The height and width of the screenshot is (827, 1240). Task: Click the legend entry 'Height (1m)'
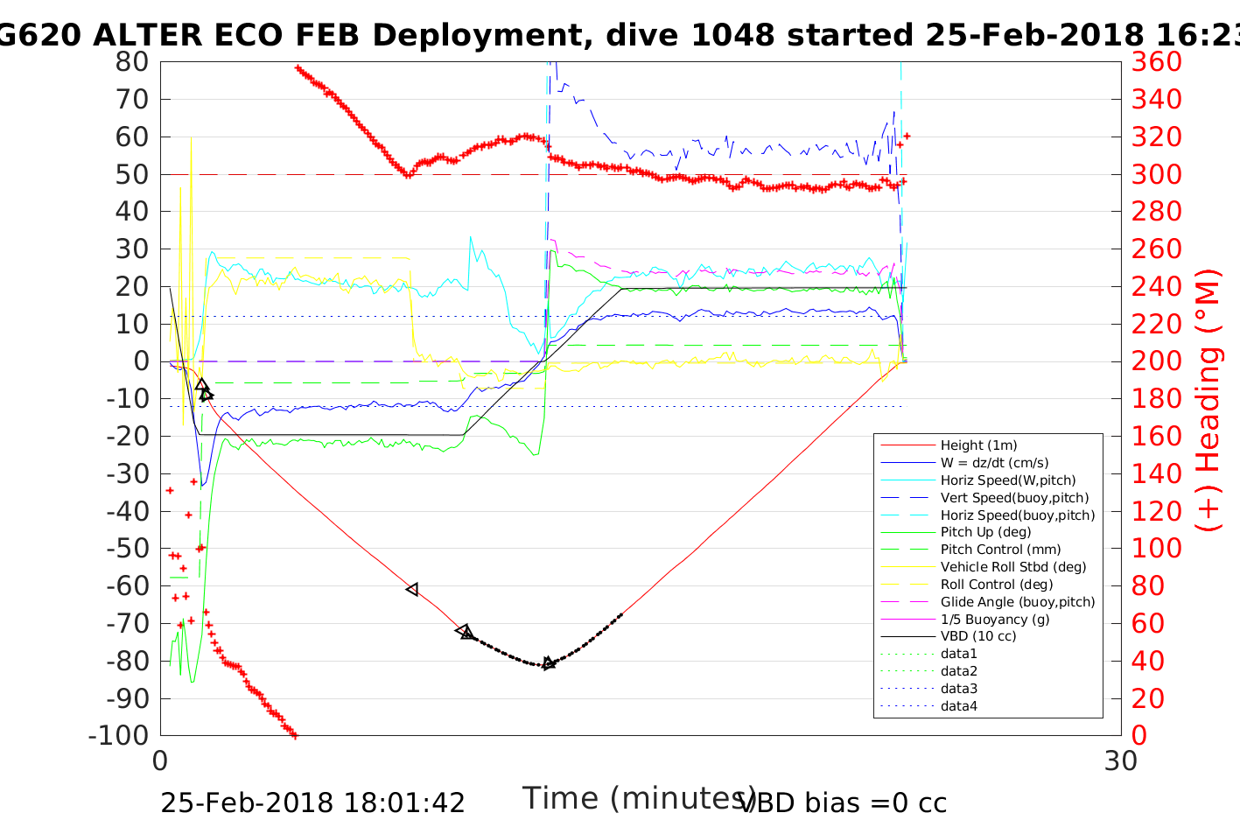pyautogui.click(x=978, y=445)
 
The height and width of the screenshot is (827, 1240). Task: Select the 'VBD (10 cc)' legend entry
pyautogui.click(x=978, y=636)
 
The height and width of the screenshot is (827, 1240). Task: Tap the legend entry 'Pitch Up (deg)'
pyautogui.click(x=985, y=532)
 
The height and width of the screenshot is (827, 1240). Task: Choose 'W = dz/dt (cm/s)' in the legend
pyautogui.click(x=994, y=463)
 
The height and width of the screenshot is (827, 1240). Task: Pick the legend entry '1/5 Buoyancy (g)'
pyautogui.click(x=995, y=620)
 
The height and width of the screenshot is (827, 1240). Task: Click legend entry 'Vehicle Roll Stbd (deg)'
pyautogui.click(x=1013, y=567)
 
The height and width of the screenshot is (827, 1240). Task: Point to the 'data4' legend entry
pyautogui.click(x=959, y=706)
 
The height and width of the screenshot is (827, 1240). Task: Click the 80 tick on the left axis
pyautogui.click(x=132, y=62)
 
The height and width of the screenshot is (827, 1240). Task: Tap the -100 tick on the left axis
pyautogui.click(x=119, y=735)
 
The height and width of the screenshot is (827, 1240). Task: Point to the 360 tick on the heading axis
pyautogui.click(x=1157, y=62)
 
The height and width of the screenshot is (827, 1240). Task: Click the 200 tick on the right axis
pyautogui.click(x=1157, y=361)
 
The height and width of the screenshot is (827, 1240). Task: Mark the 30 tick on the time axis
pyautogui.click(x=1121, y=761)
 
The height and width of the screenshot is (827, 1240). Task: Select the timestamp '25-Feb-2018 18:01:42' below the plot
pyautogui.click(x=312, y=802)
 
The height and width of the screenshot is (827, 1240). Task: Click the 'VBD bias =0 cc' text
pyautogui.click(x=844, y=802)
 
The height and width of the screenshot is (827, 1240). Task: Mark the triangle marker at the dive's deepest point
pyautogui.click(x=548, y=663)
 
